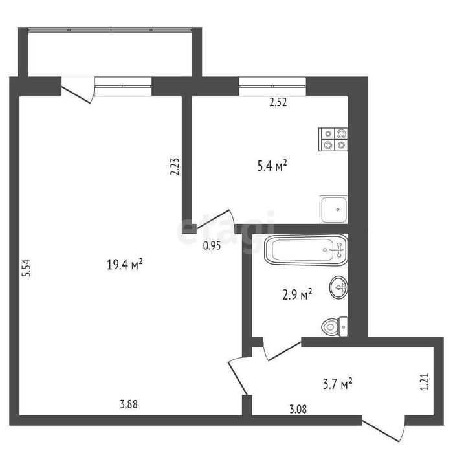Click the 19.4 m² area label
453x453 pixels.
pyautogui.click(x=125, y=264)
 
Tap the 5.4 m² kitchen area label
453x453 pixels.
pyautogui.click(x=272, y=166)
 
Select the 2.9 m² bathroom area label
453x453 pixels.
pyautogui.click(x=297, y=295)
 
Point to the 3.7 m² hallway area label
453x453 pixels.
pyautogui.click(x=337, y=384)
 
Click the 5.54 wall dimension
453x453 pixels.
pyautogui.click(x=27, y=268)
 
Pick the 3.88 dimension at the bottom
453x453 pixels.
pyautogui.click(x=129, y=404)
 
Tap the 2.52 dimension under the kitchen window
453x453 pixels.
pyautogui.click(x=278, y=102)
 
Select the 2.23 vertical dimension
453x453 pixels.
pyautogui.click(x=175, y=166)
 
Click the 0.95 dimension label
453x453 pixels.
pyautogui.click(x=212, y=245)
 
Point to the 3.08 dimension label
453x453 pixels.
pyautogui.click(x=298, y=409)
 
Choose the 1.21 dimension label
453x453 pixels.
pyautogui.click(x=425, y=382)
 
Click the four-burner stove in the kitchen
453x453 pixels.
pyautogui.click(x=333, y=140)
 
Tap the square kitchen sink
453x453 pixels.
pyautogui.click(x=334, y=210)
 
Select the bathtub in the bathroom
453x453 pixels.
pyautogui.click(x=306, y=250)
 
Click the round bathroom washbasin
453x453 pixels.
pyautogui.click(x=338, y=287)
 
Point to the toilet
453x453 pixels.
pyautogui.click(x=335, y=326)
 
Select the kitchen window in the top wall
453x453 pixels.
pyautogui.click(x=272, y=86)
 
